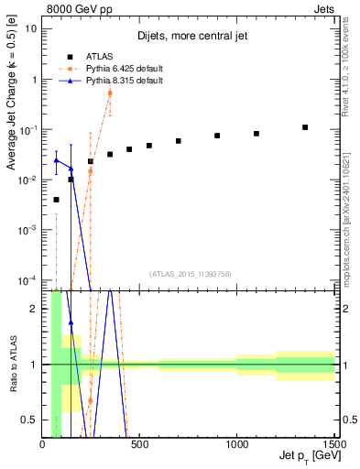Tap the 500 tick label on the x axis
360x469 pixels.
pos(139,446)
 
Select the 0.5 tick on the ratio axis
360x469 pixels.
pos(30,420)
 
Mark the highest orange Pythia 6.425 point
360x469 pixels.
pos(110,93)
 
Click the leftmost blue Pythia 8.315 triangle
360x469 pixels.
pos(56,160)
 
